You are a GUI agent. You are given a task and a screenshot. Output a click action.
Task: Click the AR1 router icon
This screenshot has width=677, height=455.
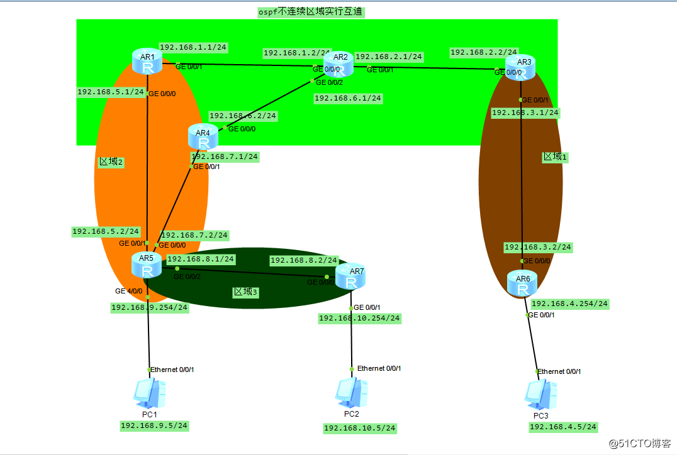coord(147,62)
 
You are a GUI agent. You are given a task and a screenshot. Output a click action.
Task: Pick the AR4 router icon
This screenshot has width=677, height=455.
coord(203,137)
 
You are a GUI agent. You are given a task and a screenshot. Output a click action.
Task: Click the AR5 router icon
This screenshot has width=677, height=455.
coord(147,265)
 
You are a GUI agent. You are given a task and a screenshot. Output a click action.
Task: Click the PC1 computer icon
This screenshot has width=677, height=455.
coord(149,394)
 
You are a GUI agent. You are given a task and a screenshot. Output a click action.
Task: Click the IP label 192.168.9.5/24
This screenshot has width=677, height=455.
coord(154,425)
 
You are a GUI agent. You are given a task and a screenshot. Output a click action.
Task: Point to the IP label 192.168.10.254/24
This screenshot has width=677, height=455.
coord(359,318)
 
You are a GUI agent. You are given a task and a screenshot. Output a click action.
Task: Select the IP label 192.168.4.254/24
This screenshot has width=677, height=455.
coord(570,304)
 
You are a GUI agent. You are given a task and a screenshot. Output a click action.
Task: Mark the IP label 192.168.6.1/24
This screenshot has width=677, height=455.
coord(348,98)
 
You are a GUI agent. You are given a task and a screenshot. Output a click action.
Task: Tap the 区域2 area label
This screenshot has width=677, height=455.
coord(111,162)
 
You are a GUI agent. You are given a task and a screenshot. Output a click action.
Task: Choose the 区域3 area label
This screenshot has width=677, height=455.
coord(246,292)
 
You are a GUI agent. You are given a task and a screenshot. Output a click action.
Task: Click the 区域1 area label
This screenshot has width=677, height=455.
coord(555,156)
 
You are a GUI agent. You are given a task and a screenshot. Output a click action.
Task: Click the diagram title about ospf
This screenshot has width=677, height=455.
coord(311,11)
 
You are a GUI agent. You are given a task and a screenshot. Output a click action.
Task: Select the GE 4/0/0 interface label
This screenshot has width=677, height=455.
coord(128,291)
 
